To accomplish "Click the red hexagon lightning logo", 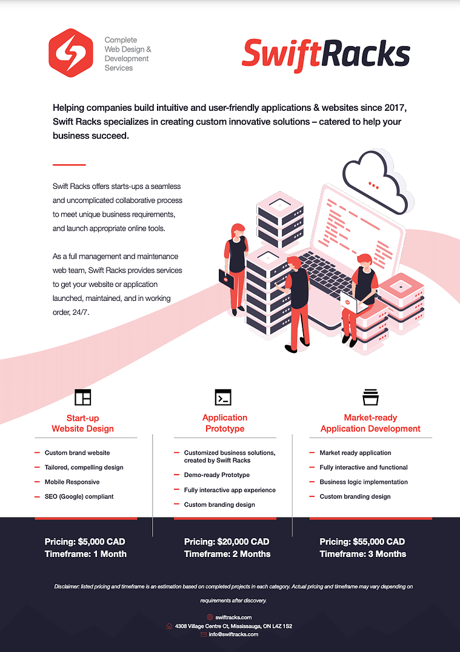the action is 71,53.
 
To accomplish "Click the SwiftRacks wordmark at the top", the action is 325,54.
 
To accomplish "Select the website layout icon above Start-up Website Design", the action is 83,397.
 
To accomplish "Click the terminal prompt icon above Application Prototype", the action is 223,397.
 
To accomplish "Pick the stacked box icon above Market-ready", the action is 370,397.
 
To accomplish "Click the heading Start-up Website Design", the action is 83,423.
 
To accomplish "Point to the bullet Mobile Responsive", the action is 72,482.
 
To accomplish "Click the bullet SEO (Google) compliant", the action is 79,496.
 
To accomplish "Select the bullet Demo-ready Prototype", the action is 217,475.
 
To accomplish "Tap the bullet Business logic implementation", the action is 364,482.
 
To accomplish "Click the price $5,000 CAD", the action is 102,541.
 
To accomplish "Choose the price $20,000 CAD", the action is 243,541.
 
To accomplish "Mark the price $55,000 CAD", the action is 379,541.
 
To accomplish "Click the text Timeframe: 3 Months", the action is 363,554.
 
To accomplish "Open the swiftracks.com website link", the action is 233,617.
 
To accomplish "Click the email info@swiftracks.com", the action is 233,634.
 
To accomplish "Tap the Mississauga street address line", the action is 233,626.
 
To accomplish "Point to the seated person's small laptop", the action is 353,303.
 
